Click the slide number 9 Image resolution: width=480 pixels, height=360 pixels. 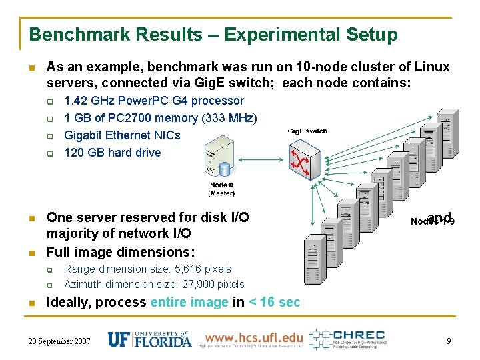click(449, 341)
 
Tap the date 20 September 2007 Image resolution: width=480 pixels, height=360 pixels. click(60, 341)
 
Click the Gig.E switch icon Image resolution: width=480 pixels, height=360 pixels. click(306, 157)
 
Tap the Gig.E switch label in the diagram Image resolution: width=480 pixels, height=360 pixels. click(307, 131)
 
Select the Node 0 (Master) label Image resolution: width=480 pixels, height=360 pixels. click(221, 189)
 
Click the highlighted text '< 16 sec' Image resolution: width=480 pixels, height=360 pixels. click(274, 302)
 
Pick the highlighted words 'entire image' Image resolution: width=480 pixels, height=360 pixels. click(189, 302)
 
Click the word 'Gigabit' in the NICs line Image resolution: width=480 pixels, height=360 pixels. click(83, 135)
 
